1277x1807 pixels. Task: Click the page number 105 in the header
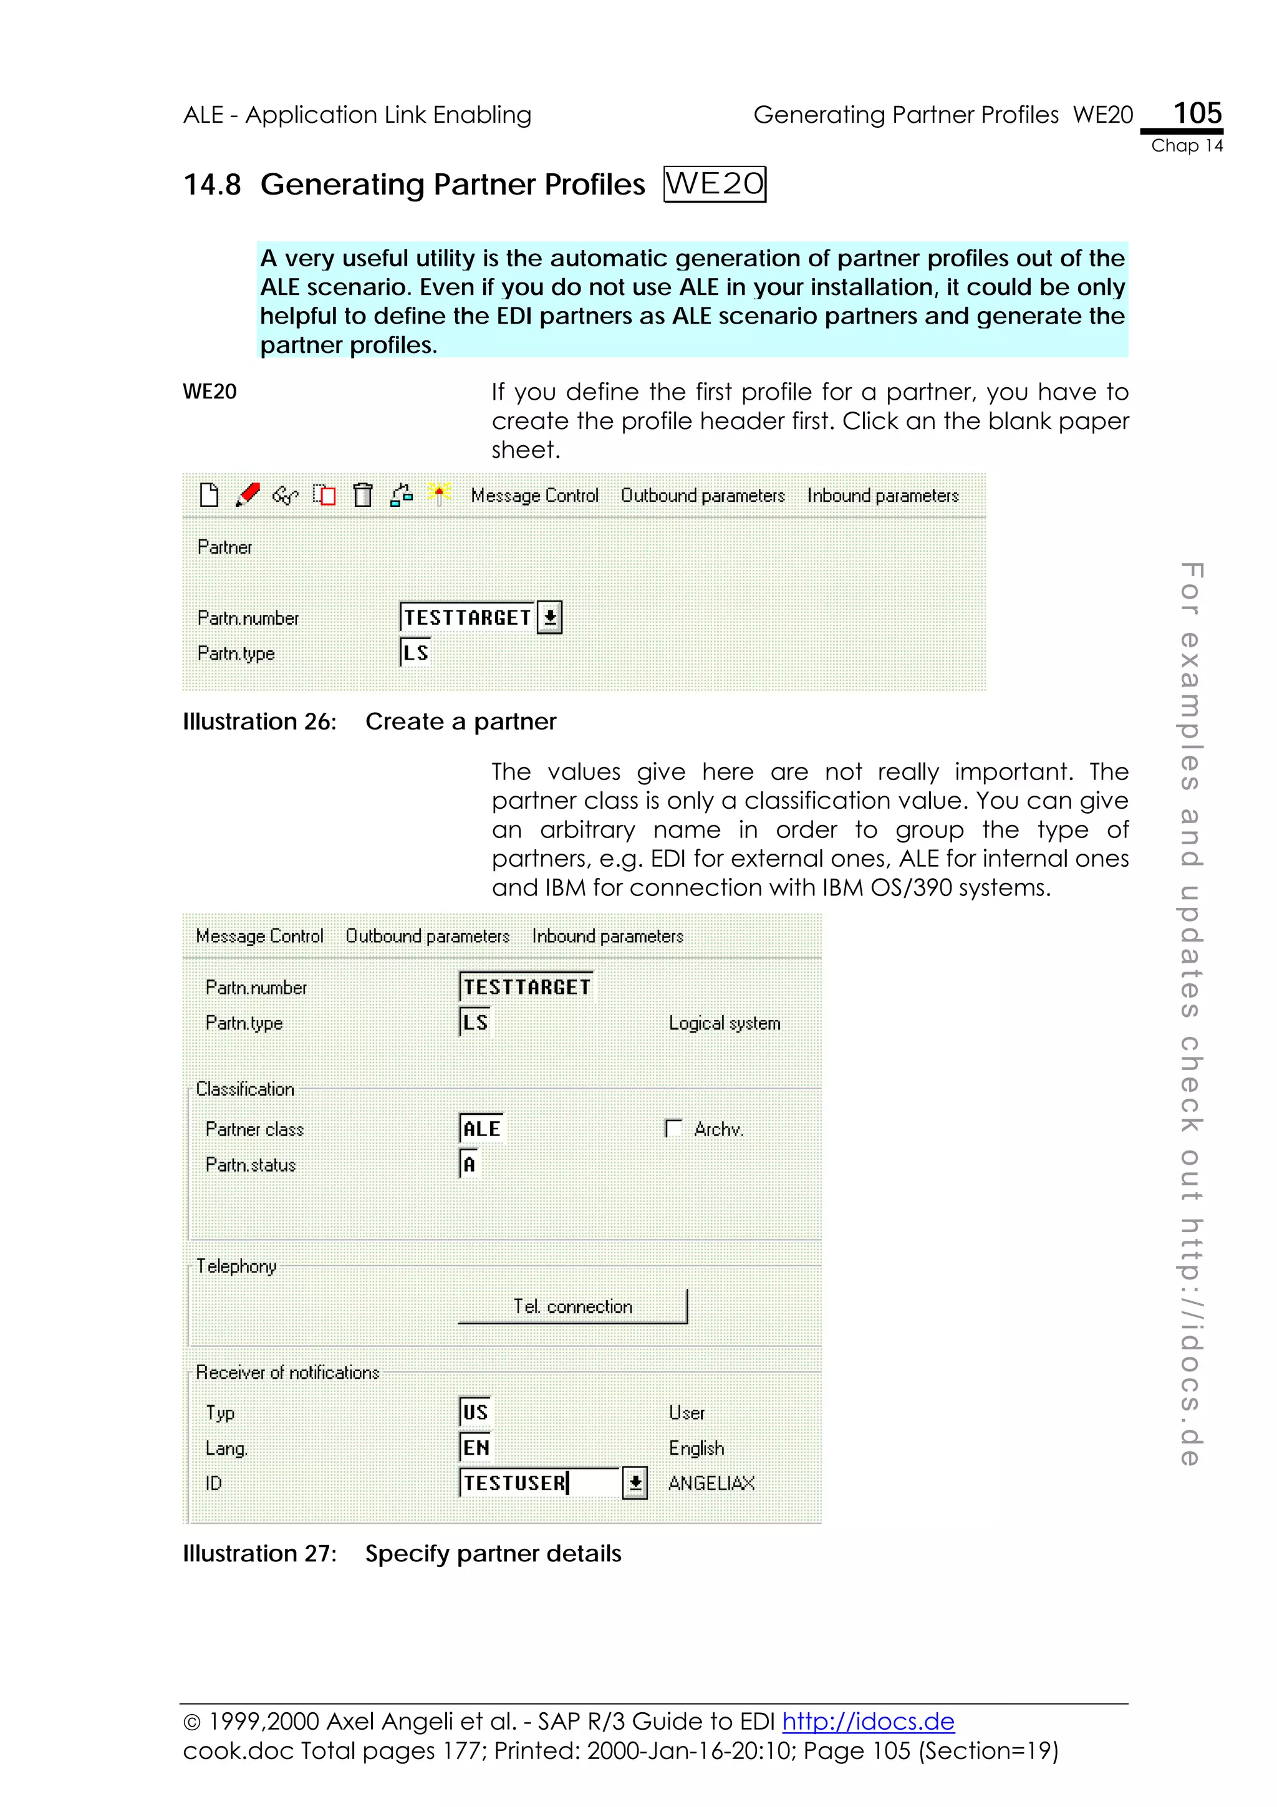coord(1197,113)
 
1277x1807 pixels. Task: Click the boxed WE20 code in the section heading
coord(714,184)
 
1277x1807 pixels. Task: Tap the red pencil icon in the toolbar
coord(248,495)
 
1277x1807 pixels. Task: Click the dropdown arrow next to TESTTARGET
coord(549,617)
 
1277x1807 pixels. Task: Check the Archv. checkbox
coord(673,1129)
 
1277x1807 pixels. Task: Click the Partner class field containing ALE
coord(481,1129)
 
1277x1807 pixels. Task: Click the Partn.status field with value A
coord(470,1164)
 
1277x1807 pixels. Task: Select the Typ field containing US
coord(475,1412)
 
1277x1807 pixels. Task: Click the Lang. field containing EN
coord(475,1447)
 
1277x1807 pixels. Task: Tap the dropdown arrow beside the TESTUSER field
coord(634,1483)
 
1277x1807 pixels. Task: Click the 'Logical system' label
coord(724,1023)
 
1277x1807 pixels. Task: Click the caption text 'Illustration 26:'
coord(259,721)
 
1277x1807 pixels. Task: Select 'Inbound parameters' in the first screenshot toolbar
coord(882,496)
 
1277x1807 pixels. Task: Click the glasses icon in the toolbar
coord(285,496)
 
